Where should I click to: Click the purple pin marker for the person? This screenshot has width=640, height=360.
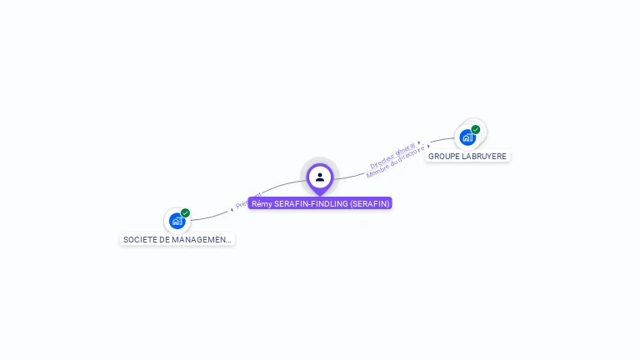[x=320, y=178]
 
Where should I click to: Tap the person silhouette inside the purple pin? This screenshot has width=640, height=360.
[x=320, y=177]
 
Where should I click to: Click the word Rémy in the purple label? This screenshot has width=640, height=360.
[x=262, y=203]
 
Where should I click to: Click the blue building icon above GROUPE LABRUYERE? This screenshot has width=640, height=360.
[x=467, y=137]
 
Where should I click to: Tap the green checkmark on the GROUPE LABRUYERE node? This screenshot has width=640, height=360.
[x=476, y=129]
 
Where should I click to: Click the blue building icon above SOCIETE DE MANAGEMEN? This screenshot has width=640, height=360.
[x=177, y=221]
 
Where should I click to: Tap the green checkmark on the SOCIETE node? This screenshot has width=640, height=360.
[x=185, y=213]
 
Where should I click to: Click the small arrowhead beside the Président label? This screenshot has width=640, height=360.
[x=232, y=209]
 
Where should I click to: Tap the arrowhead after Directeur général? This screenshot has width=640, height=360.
[x=418, y=143]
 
